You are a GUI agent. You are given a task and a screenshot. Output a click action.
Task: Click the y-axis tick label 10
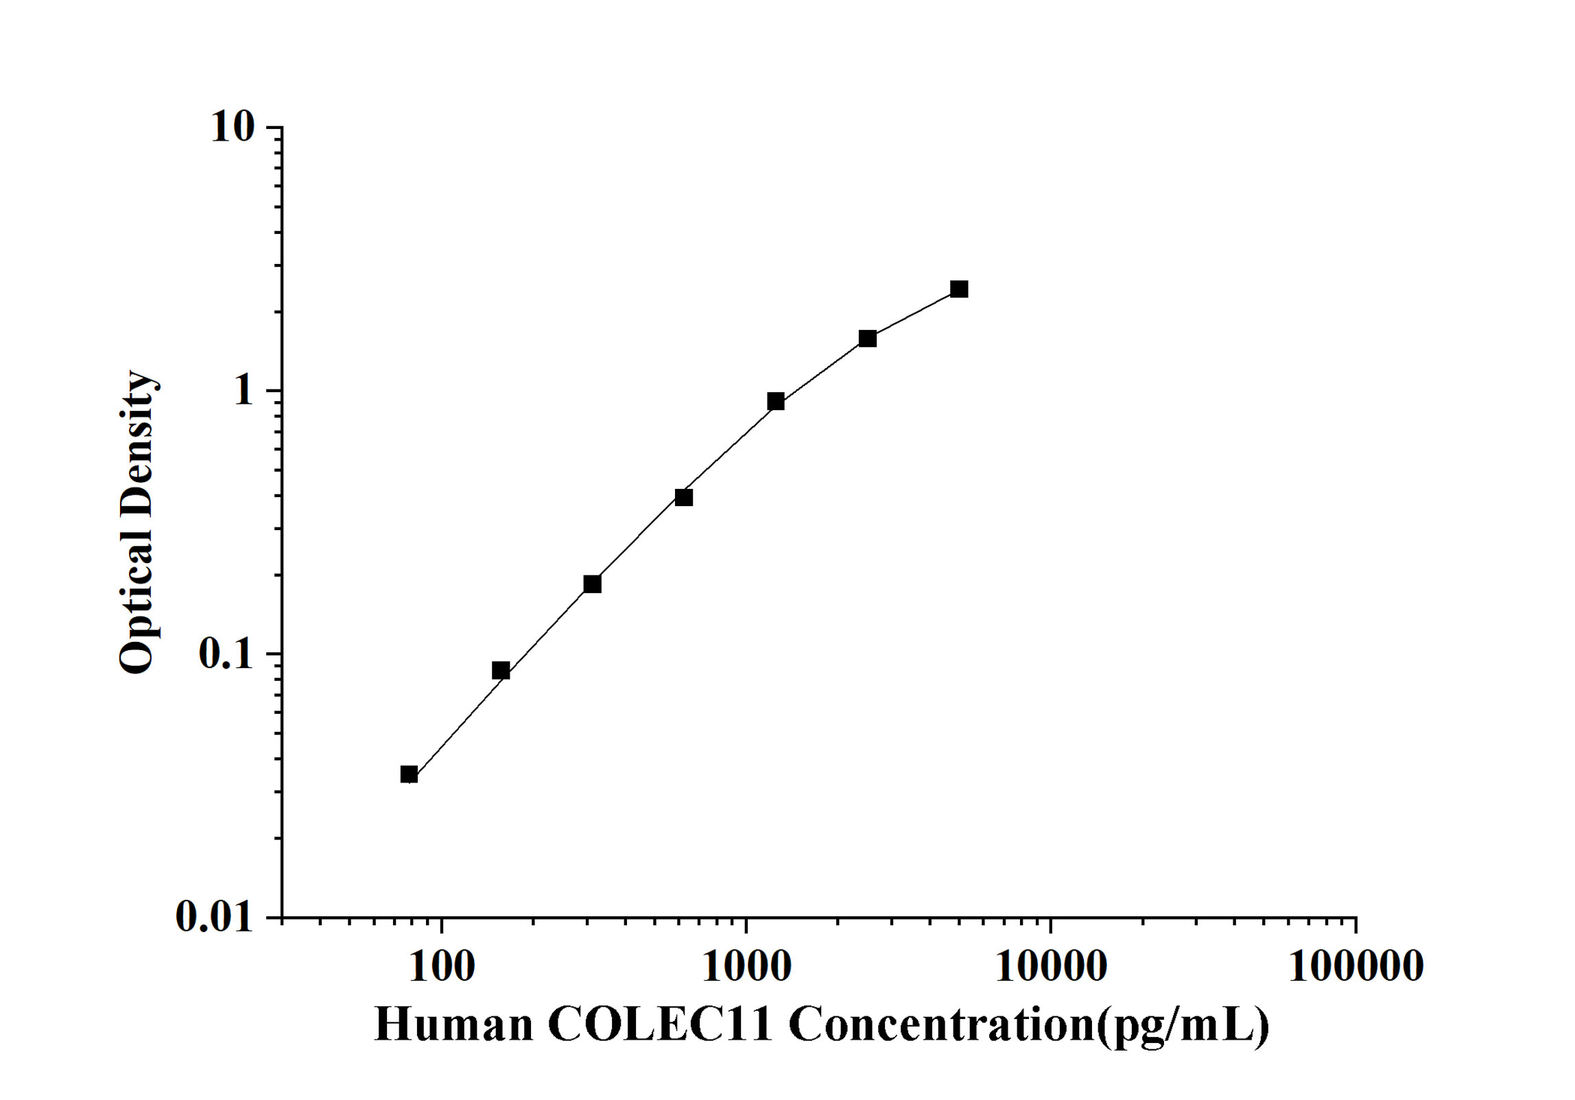coord(232,128)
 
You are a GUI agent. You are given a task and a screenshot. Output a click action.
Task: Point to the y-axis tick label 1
coord(244,391)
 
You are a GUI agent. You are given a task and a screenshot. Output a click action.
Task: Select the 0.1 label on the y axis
coord(225,654)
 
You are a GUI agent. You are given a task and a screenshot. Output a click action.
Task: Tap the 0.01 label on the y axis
coord(214,916)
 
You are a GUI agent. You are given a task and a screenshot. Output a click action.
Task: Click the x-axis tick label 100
coord(441,967)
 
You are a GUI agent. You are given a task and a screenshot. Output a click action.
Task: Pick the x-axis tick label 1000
coord(746,967)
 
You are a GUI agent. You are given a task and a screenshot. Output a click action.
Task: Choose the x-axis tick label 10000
coord(1050,967)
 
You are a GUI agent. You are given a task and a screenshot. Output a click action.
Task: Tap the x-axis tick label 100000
coord(1355,967)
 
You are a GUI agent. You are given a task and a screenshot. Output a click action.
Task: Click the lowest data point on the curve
coord(409,775)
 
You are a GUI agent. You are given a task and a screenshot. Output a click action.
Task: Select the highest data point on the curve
coord(959,289)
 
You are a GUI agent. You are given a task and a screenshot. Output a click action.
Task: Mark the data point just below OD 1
coord(776,401)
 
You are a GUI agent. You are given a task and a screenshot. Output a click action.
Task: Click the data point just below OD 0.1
coord(501,671)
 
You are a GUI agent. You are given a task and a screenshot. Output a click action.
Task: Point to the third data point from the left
coord(592,584)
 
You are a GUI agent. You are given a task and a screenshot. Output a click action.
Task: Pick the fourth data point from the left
coord(684,497)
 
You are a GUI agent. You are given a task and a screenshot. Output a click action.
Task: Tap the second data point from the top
coord(868,338)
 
